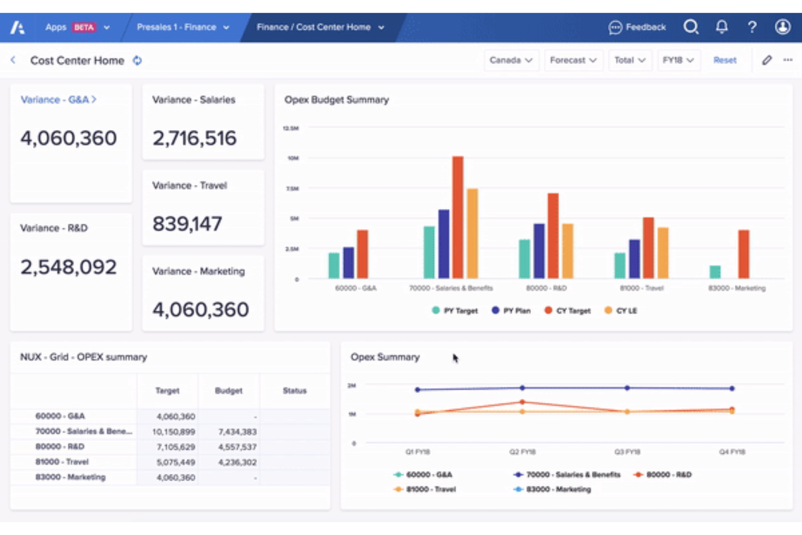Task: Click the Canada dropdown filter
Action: click(x=510, y=60)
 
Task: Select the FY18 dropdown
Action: click(x=678, y=60)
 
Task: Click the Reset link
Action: click(x=725, y=60)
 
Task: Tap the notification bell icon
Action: click(x=721, y=27)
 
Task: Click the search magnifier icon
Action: click(x=691, y=27)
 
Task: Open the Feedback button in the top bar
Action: click(x=637, y=27)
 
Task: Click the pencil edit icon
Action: click(x=766, y=60)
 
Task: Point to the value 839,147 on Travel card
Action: click(x=187, y=224)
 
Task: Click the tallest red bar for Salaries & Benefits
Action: click(x=458, y=217)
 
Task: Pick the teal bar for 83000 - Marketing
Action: click(x=715, y=272)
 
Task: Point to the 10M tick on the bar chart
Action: click(x=293, y=158)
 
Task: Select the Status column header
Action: click(x=294, y=390)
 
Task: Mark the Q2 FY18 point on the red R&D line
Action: click(x=522, y=402)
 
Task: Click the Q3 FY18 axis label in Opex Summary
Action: click(x=627, y=452)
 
